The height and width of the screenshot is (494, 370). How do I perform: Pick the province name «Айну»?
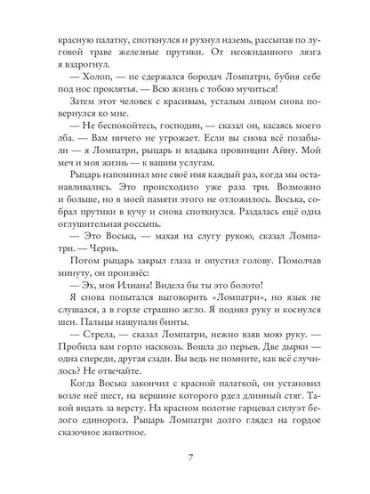tap(274, 155)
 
